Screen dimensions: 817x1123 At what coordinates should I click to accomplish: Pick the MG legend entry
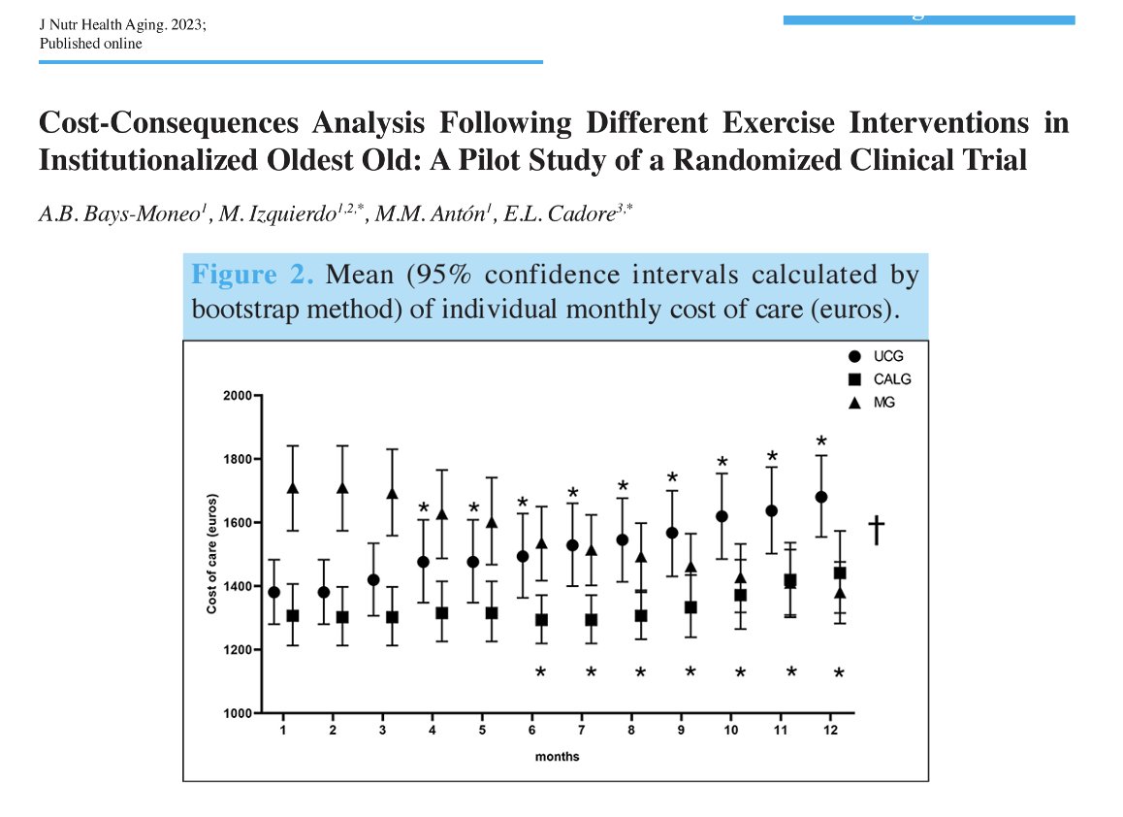(879, 403)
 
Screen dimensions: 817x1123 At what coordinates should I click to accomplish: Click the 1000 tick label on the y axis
(238, 713)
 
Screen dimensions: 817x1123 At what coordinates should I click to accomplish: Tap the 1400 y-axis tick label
(238, 586)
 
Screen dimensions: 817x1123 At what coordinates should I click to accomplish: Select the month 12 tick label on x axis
(830, 730)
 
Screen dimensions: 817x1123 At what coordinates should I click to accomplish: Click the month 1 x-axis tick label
(283, 730)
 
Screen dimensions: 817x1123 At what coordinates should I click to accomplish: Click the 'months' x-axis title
(557, 756)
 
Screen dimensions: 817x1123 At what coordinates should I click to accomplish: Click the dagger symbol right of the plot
(876, 530)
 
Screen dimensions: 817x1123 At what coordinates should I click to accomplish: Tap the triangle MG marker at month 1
(293, 488)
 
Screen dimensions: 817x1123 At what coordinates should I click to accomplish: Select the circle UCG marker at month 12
(821, 497)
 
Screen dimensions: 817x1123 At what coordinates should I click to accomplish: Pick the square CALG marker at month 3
(393, 617)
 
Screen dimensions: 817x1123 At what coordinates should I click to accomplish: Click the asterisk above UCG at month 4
(424, 508)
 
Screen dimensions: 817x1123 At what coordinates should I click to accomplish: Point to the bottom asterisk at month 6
(540, 672)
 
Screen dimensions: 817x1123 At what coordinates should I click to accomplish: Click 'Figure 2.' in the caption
(252, 275)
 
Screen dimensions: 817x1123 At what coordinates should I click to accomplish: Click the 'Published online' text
(90, 44)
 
